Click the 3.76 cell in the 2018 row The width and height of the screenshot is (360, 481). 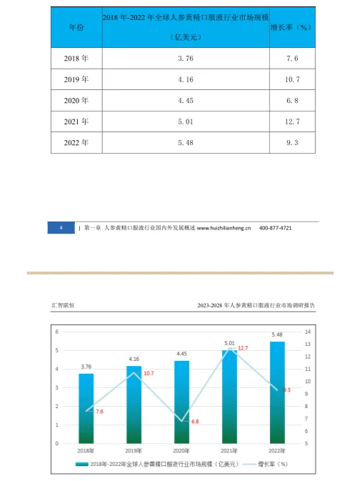coord(185,57)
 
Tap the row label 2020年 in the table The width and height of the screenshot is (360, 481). coord(76,100)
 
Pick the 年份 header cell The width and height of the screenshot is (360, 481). coord(76,26)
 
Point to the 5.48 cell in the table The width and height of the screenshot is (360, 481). coord(185,143)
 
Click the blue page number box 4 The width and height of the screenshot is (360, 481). coord(61,227)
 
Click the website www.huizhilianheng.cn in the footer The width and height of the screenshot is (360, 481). coord(224,227)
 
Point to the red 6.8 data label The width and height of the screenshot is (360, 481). coord(194,422)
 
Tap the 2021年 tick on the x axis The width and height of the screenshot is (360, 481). coord(229,450)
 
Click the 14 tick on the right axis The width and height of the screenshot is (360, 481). coord(308,332)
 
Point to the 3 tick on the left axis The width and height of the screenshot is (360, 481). coord(57,388)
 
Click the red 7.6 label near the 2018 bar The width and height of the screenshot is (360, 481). coord(99,412)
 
